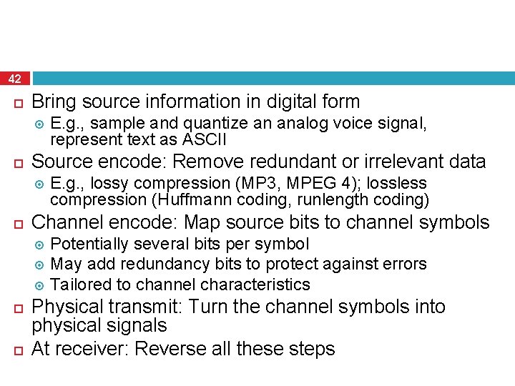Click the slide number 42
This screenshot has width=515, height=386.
pos(15,79)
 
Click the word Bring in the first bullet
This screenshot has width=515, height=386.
pos(55,102)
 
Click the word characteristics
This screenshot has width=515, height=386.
pos(255,284)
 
